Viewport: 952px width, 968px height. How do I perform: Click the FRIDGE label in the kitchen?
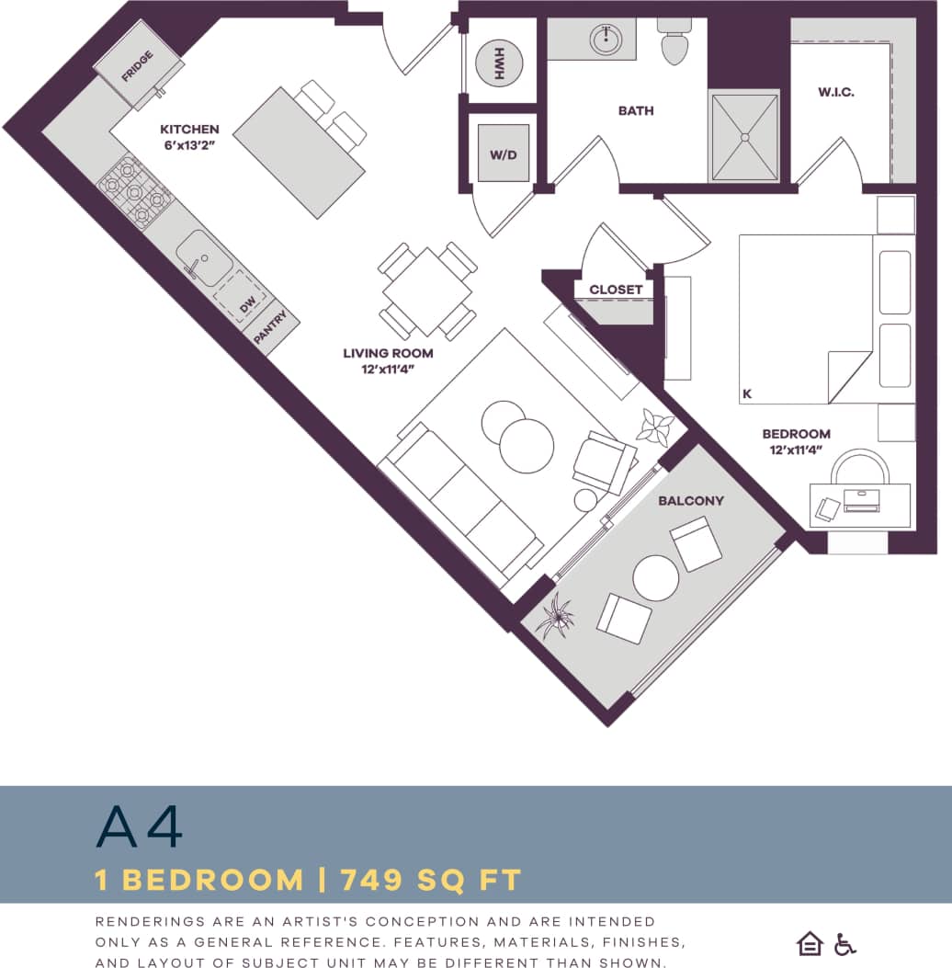tap(138, 66)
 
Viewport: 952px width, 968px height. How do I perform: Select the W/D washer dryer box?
tap(503, 154)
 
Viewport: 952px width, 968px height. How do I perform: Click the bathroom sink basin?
tap(606, 40)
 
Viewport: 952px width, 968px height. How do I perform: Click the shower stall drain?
tap(744, 136)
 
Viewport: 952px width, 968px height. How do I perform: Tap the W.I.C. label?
tap(836, 92)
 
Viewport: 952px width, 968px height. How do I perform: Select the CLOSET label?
tap(616, 290)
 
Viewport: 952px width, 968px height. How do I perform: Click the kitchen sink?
tap(203, 256)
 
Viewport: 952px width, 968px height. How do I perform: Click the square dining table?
tap(428, 290)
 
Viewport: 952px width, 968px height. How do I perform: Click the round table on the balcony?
tap(656, 578)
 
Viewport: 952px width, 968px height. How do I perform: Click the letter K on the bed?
tap(747, 393)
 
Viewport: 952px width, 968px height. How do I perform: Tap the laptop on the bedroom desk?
tap(861, 501)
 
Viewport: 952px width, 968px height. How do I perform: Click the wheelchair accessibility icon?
tap(844, 943)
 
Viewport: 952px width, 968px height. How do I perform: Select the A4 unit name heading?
tap(140, 827)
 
